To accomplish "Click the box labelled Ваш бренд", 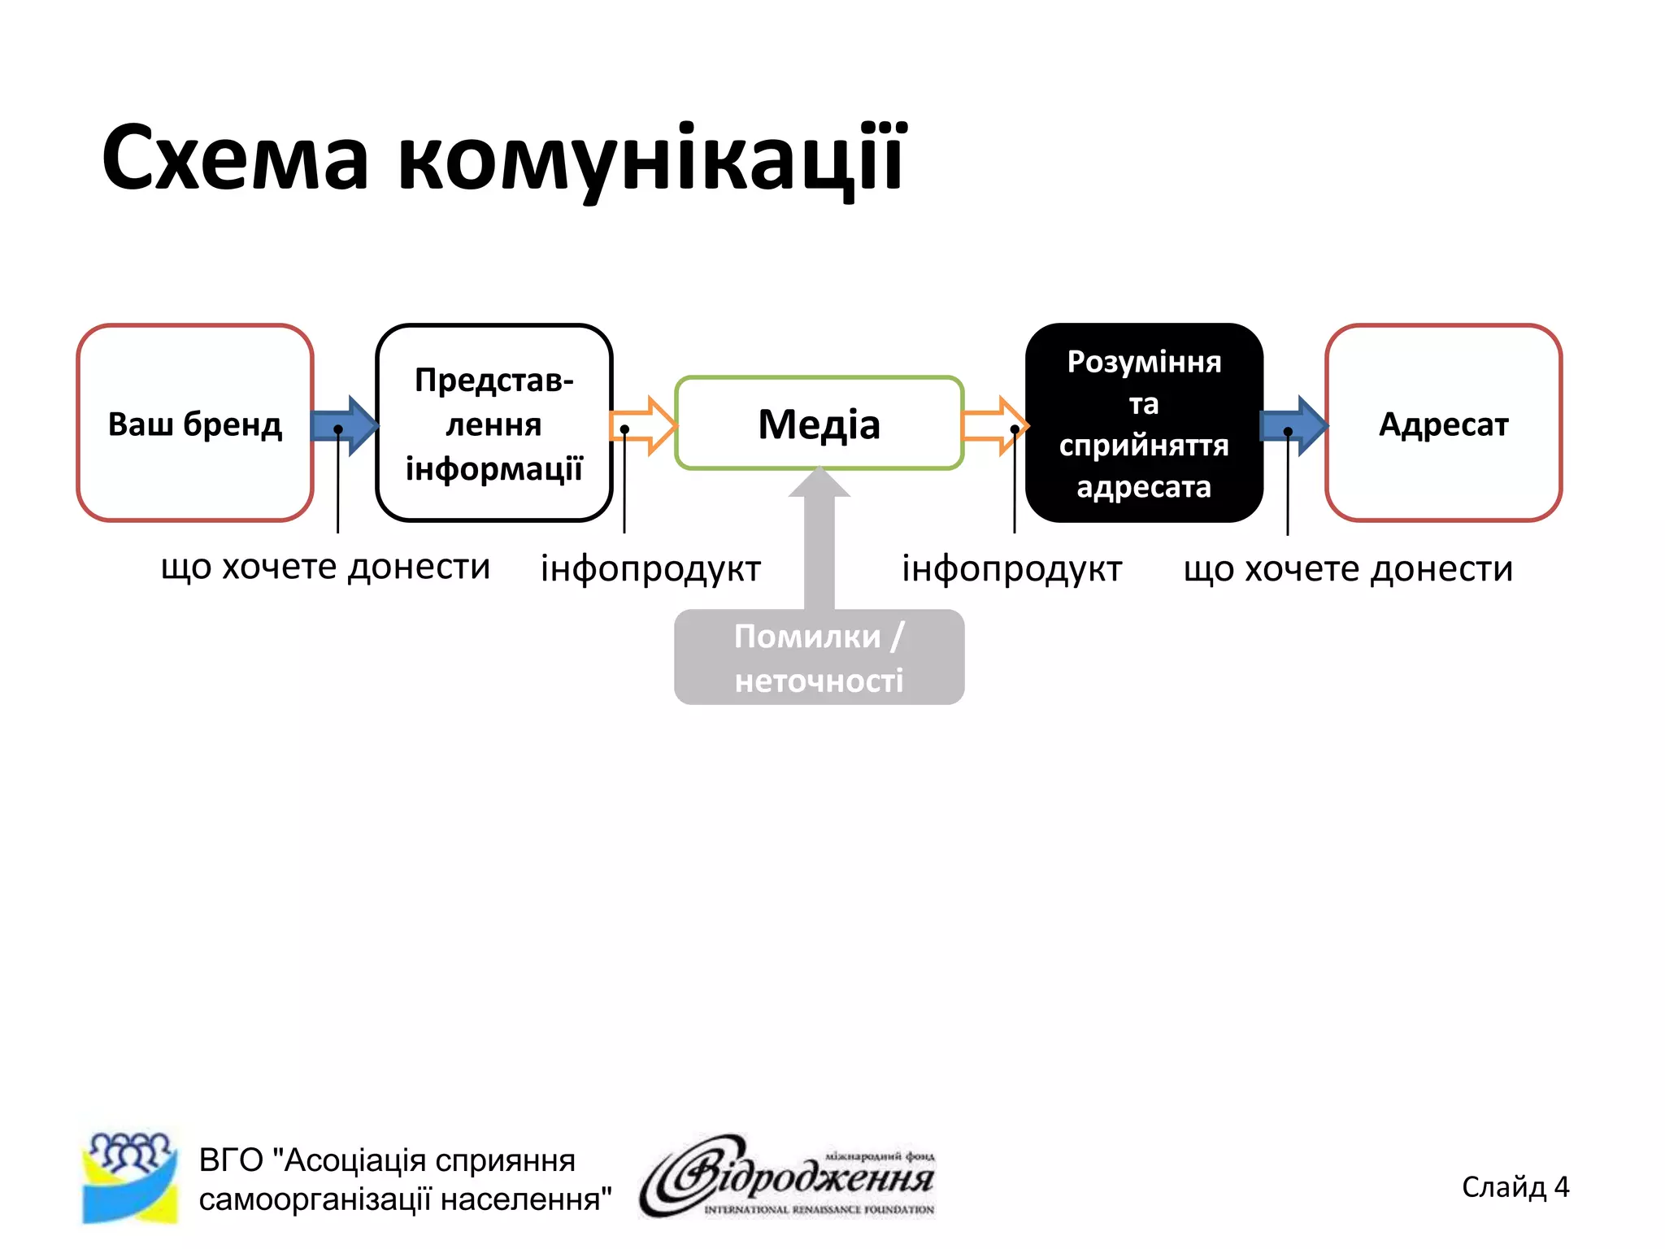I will tap(195, 423).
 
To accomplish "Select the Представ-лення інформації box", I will tap(493, 423).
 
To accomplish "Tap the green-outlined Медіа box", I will tap(819, 424).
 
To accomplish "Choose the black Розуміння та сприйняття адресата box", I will tap(1144, 423).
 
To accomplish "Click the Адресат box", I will tap(1443, 423).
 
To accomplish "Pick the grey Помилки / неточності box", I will tap(819, 657).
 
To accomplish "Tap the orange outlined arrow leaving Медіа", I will tap(994, 425).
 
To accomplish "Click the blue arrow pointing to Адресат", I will tap(1293, 425).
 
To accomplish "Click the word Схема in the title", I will tap(236, 159).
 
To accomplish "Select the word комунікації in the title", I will tap(650, 159).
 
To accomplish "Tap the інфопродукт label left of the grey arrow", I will tap(650, 568).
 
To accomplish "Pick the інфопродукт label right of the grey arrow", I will tap(1011, 568).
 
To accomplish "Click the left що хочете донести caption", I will tap(325, 567).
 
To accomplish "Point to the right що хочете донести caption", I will tap(1348, 568).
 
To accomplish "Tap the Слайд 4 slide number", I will tap(1515, 1187).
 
